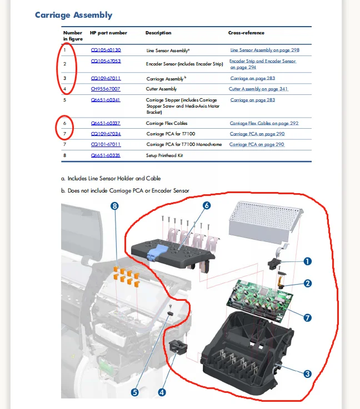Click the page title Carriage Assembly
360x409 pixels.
[x=73, y=15]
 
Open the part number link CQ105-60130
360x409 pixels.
[x=106, y=50]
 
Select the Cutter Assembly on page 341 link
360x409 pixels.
[x=258, y=89]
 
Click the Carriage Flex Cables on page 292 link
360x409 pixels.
[x=264, y=123]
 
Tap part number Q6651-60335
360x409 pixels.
[x=106, y=155]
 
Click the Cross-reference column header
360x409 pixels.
[x=246, y=33]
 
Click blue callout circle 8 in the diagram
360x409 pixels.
[x=115, y=205]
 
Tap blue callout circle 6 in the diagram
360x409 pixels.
[x=206, y=205]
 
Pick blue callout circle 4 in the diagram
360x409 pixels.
[x=162, y=391]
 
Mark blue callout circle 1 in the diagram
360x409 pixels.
[x=307, y=260]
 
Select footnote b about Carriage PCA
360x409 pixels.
[x=125, y=190]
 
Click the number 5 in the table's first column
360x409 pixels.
[x=65, y=100]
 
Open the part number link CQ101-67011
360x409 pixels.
[x=106, y=144]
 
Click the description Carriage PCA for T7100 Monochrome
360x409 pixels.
[x=184, y=144]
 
